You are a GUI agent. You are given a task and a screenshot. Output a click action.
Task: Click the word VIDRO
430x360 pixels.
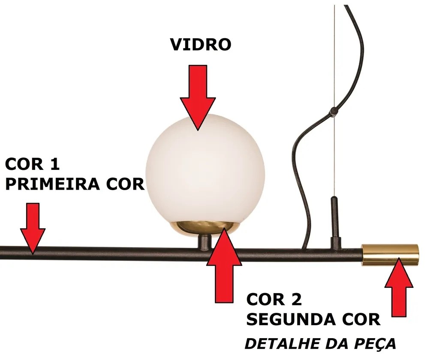point(201,45)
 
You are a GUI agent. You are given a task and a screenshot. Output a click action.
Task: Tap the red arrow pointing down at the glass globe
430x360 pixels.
point(198,97)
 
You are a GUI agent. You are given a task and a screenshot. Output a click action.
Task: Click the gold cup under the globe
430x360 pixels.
point(205,228)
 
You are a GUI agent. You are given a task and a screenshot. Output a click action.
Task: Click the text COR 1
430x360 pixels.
point(32,164)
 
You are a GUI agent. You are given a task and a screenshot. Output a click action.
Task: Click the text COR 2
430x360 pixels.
point(274,299)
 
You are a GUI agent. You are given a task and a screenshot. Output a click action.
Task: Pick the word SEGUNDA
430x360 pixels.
point(291,319)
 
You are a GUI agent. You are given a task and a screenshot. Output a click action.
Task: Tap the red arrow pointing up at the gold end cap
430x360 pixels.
point(399,287)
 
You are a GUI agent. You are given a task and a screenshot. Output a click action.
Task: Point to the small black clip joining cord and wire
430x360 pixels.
point(334,111)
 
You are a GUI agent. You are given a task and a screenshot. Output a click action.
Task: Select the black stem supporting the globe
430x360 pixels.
point(204,242)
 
